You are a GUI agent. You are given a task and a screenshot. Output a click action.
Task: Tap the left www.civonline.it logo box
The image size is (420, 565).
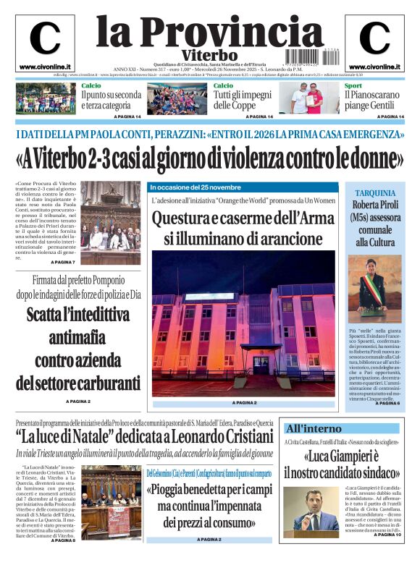coord(45,43)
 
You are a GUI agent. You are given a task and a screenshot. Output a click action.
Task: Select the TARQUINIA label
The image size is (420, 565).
coord(374,193)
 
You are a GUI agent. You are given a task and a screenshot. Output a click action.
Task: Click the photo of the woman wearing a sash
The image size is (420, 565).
coord(374,285)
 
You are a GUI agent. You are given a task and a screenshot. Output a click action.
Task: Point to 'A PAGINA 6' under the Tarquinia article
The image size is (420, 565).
coord(387,403)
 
